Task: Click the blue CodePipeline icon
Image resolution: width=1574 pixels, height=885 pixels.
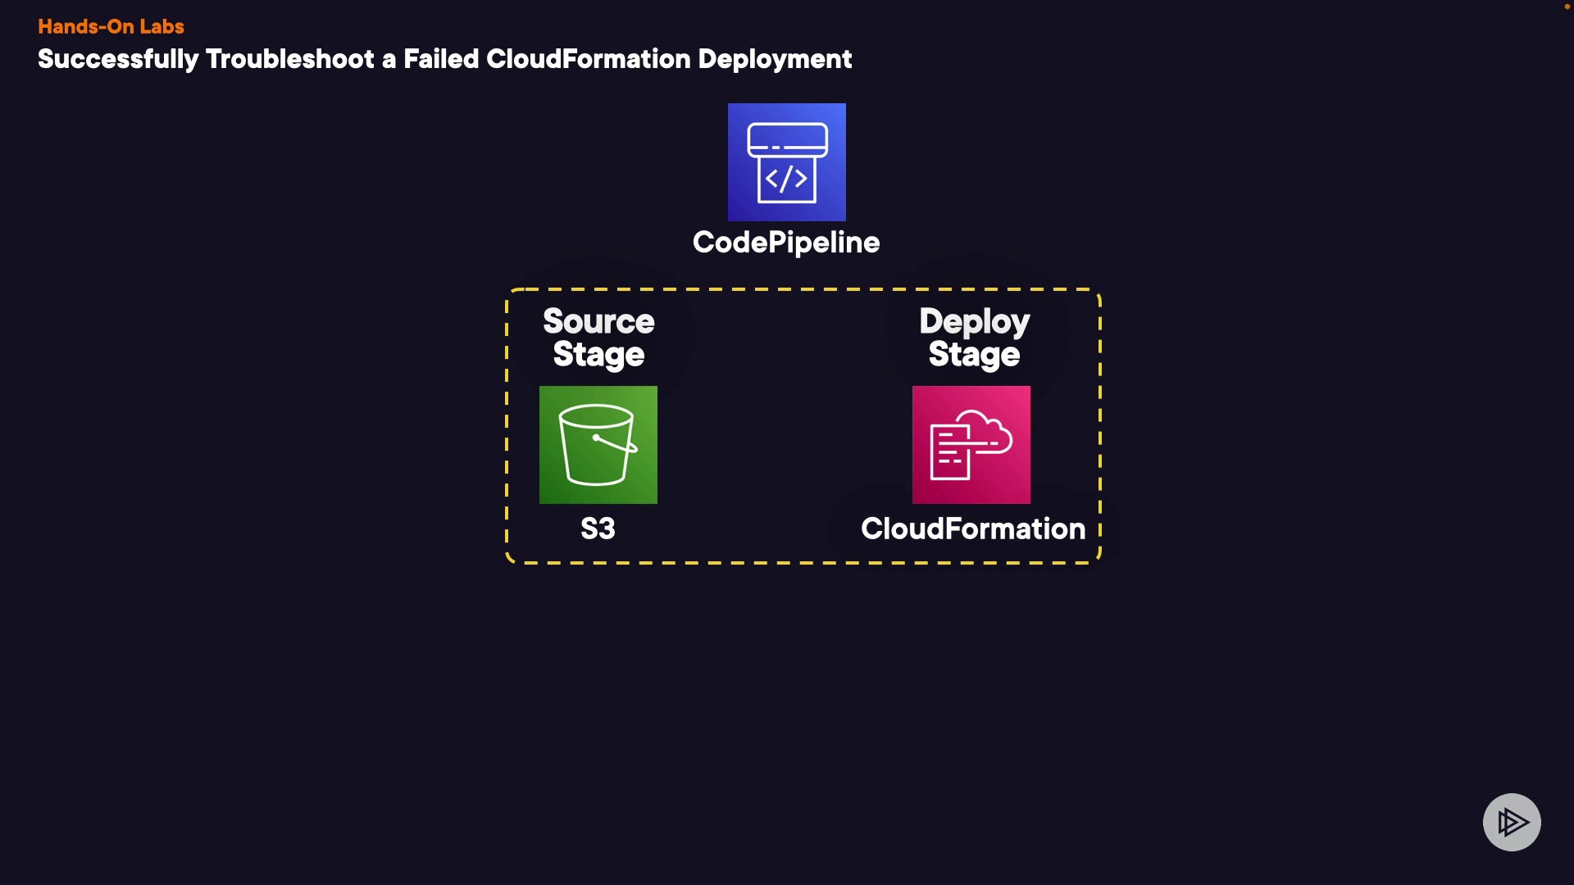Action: (787, 162)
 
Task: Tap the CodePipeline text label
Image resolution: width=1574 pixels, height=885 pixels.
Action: (786, 243)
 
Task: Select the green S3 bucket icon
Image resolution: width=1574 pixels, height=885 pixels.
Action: (598, 445)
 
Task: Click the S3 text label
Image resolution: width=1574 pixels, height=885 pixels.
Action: (598, 529)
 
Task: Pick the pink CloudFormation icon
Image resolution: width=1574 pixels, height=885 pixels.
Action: (971, 445)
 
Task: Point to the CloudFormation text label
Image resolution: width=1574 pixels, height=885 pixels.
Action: (973, 529)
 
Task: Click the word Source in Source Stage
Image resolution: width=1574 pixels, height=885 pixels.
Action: (598, 321)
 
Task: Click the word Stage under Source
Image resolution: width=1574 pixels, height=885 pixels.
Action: (598, 356)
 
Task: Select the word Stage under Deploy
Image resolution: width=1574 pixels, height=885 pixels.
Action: (974, 356)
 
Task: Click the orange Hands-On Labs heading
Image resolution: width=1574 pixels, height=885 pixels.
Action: (111, 26)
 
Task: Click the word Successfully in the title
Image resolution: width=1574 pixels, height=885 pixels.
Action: (118, 60)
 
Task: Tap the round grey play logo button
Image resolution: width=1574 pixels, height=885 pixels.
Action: (1512, 822)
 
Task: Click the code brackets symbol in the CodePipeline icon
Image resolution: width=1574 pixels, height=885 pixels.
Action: (787, 179)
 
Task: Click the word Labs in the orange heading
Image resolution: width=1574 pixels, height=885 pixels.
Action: (161, 26)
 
